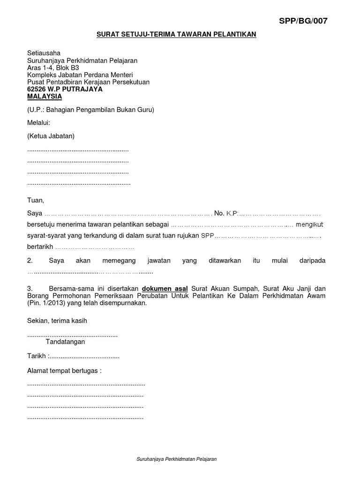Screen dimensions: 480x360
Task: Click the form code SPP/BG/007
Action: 303,21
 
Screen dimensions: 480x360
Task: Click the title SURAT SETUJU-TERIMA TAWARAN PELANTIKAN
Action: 176,35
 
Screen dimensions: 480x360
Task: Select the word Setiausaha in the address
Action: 44,53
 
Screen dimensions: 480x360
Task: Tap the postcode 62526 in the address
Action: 38,89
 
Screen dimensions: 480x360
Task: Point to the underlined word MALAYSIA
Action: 45,97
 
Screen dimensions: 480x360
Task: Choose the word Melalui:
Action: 38,123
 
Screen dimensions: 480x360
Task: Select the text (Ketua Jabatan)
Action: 51,136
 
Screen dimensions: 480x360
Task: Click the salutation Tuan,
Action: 36,200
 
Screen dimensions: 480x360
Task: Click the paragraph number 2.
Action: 30,260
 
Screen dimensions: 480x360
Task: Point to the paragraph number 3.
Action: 30,288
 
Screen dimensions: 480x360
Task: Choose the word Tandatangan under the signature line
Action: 65,342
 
